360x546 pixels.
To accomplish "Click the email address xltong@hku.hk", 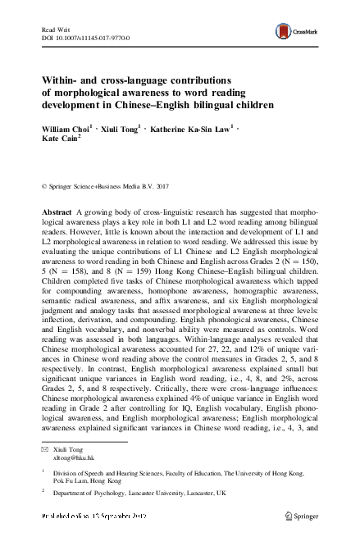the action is pyautogui.click(x=70, y=460).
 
